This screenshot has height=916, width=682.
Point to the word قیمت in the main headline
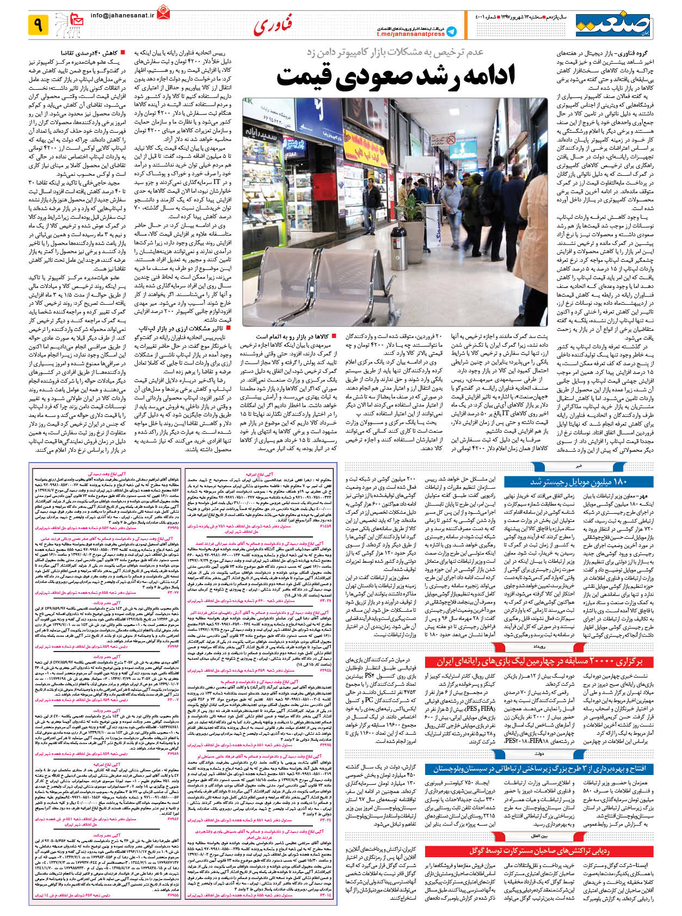307,76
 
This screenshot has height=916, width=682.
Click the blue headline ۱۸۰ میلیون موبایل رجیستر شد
579,481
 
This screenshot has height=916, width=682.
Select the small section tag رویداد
539,647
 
